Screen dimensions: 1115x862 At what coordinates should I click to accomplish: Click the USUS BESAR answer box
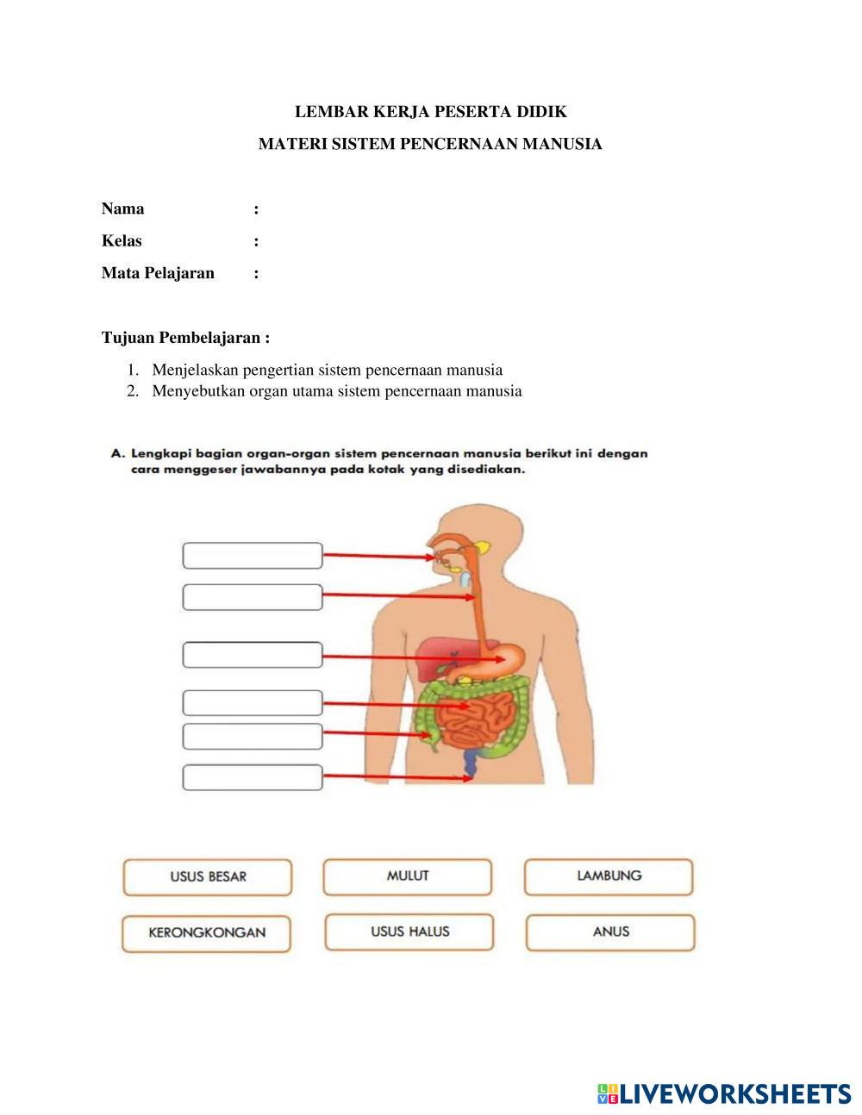click(x=208, y=877)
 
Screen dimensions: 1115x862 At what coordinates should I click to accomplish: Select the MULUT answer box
click(x=408, y=876)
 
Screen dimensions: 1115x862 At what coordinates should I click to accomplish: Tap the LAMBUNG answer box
click(x=609, y=876)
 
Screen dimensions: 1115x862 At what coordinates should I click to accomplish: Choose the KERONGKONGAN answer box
click(x=207, y=933)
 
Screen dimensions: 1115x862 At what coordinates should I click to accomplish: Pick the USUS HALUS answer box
click(x=409, y=932)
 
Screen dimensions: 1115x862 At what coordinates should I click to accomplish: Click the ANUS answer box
click(x=610, y=932)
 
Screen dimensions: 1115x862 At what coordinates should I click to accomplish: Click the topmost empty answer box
click(x=253, y=556)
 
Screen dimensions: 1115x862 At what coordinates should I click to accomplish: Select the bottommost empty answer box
click(x=253, y=777)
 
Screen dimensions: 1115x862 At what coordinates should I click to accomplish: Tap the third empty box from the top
click(x=253, y=655)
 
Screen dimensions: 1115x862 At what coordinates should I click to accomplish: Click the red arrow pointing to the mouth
click(x=379, y=557)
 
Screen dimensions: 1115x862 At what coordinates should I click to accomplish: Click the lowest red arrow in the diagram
click(x=397, y=778)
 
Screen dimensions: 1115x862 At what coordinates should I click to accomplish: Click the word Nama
click(x=123, y=209)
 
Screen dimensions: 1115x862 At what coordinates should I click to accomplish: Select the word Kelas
click(x=122, y=240)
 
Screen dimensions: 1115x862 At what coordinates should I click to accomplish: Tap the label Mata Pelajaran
click(x=158, y=273)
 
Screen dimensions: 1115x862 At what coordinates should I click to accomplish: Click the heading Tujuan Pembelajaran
click(x=185, y=337)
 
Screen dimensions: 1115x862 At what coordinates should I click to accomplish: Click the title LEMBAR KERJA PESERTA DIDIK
click(x=431, y=111)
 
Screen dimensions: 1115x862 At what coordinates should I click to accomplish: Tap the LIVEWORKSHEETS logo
click(x=724, y=1093)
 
